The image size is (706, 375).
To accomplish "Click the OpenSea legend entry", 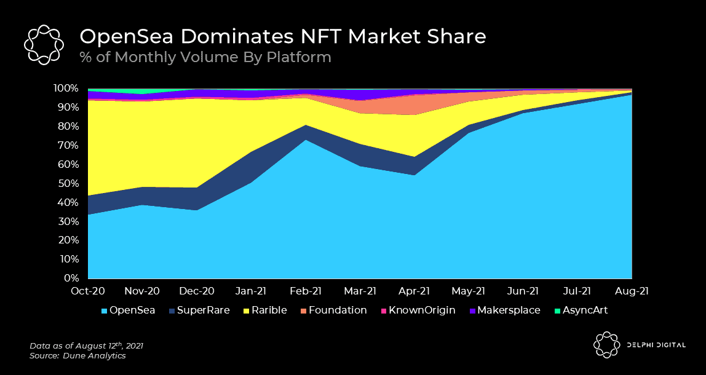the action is pos(129,310).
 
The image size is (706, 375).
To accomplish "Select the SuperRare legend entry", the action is pos(199,310).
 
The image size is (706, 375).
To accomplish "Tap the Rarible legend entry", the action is pos(264,310).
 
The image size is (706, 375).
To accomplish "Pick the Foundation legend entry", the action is pos(333,310).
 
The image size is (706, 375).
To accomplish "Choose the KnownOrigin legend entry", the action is pos(418,310).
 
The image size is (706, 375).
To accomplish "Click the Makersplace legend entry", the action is pos(504,310).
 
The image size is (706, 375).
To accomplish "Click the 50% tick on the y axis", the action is pos(70,183).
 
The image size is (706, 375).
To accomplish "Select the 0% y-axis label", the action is pos(72,278).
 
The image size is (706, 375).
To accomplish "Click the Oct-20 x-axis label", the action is pos(88,291).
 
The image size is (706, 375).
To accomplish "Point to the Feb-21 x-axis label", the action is pos(306,291).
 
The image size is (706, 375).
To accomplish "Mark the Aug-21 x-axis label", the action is pos(632,291).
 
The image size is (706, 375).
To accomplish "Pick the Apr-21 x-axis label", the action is pos(414,291).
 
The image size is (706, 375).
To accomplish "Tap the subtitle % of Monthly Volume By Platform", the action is pos(205,57).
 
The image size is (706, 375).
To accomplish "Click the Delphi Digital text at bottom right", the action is pos(656,345).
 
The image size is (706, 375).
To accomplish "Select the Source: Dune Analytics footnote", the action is pos(77,356).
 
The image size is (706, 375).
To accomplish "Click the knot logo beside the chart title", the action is pos(44,44).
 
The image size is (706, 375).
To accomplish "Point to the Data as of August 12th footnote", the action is pos(87,345).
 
